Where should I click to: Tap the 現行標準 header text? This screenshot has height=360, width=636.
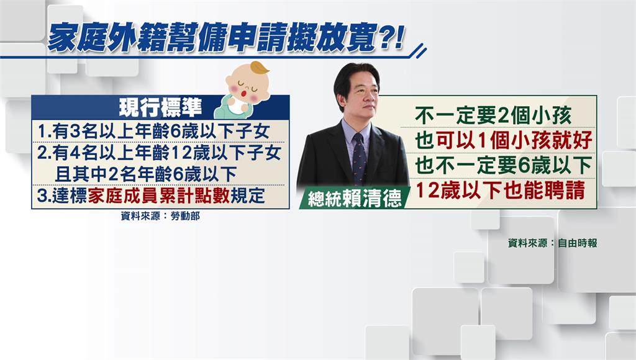(x=161, y=107)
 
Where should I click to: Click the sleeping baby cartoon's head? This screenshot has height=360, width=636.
(x=247, y=86)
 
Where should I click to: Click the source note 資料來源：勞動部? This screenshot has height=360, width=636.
(x=160, y=216)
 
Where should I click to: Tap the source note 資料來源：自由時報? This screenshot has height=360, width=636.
(x=552, y=243)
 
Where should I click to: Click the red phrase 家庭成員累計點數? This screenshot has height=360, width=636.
(x=158, y=196)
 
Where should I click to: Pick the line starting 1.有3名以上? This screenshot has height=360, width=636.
(x=154, y=132)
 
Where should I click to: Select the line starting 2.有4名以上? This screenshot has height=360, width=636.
(x=159, y=153)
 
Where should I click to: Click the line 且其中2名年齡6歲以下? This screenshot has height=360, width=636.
(x=145, y=174)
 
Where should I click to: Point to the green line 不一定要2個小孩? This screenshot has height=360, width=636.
(x=493, y=116)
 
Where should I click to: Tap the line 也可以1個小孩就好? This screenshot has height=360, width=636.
(x=503, y=141)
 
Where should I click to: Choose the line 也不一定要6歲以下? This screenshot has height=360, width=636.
(x=503, y=165)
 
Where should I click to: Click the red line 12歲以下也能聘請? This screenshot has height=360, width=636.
(x=501, y=190)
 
